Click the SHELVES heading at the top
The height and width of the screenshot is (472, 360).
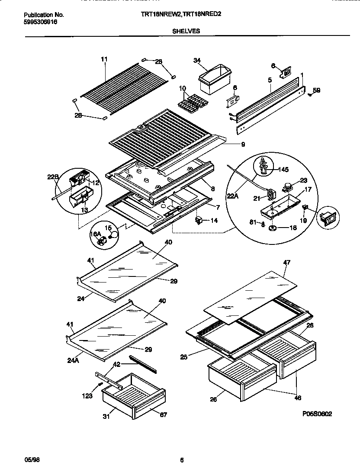187,31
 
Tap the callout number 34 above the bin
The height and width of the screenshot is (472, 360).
197,61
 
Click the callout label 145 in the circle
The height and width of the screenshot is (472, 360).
283,170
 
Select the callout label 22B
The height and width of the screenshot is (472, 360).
52,177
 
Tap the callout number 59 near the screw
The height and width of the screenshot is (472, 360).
317,90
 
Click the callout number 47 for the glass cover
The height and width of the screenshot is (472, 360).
287,262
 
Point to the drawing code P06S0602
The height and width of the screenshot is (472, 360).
317,414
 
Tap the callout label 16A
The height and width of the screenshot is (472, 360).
95,234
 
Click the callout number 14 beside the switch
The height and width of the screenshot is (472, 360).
214,220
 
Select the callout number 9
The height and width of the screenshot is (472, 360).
244,144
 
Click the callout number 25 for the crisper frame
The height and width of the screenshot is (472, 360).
185,357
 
